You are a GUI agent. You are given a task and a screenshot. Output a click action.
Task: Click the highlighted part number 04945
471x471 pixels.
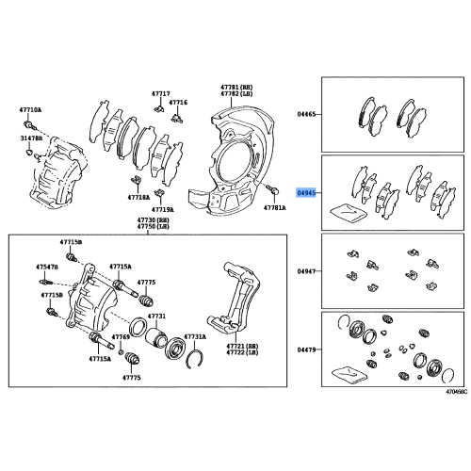(307, 191)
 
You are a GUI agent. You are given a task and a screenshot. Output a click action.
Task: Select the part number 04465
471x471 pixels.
(307, 114)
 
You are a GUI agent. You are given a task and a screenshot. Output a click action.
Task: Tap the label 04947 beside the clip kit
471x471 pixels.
(307, 270)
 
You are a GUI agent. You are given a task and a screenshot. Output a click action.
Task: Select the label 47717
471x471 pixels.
(161, 94)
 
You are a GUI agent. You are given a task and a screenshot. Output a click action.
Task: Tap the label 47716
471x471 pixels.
(179, 102)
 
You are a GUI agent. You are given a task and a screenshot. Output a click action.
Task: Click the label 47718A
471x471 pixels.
(139, 199)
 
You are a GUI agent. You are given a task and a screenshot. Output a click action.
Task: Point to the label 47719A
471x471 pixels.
(164, 208)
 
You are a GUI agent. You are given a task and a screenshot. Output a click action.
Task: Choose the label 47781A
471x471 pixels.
(274, 207)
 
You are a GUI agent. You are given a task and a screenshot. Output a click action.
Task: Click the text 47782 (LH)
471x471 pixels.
(235, 95)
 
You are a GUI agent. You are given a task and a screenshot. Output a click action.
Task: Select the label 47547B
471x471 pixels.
(47, 268)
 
